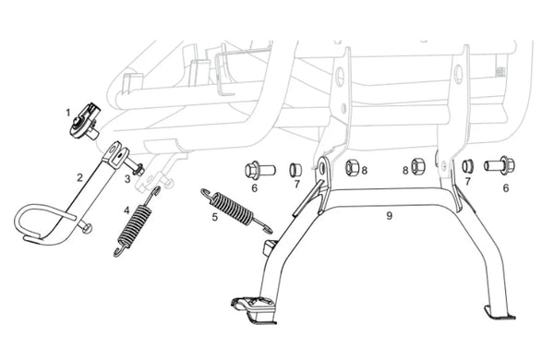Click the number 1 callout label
point(67,113)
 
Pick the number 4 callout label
point(126,210)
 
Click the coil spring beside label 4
point(137,222)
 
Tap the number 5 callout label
point(215,217)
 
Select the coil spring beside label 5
point(236,211)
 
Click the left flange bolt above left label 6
point(259,171)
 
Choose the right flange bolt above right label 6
point(500,165)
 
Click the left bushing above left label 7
point(295,170)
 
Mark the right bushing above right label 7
point(468,166)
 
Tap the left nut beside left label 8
point(353,167)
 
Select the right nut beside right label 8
point(418,166)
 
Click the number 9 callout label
point(389,215)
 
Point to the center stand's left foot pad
point(254,308)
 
